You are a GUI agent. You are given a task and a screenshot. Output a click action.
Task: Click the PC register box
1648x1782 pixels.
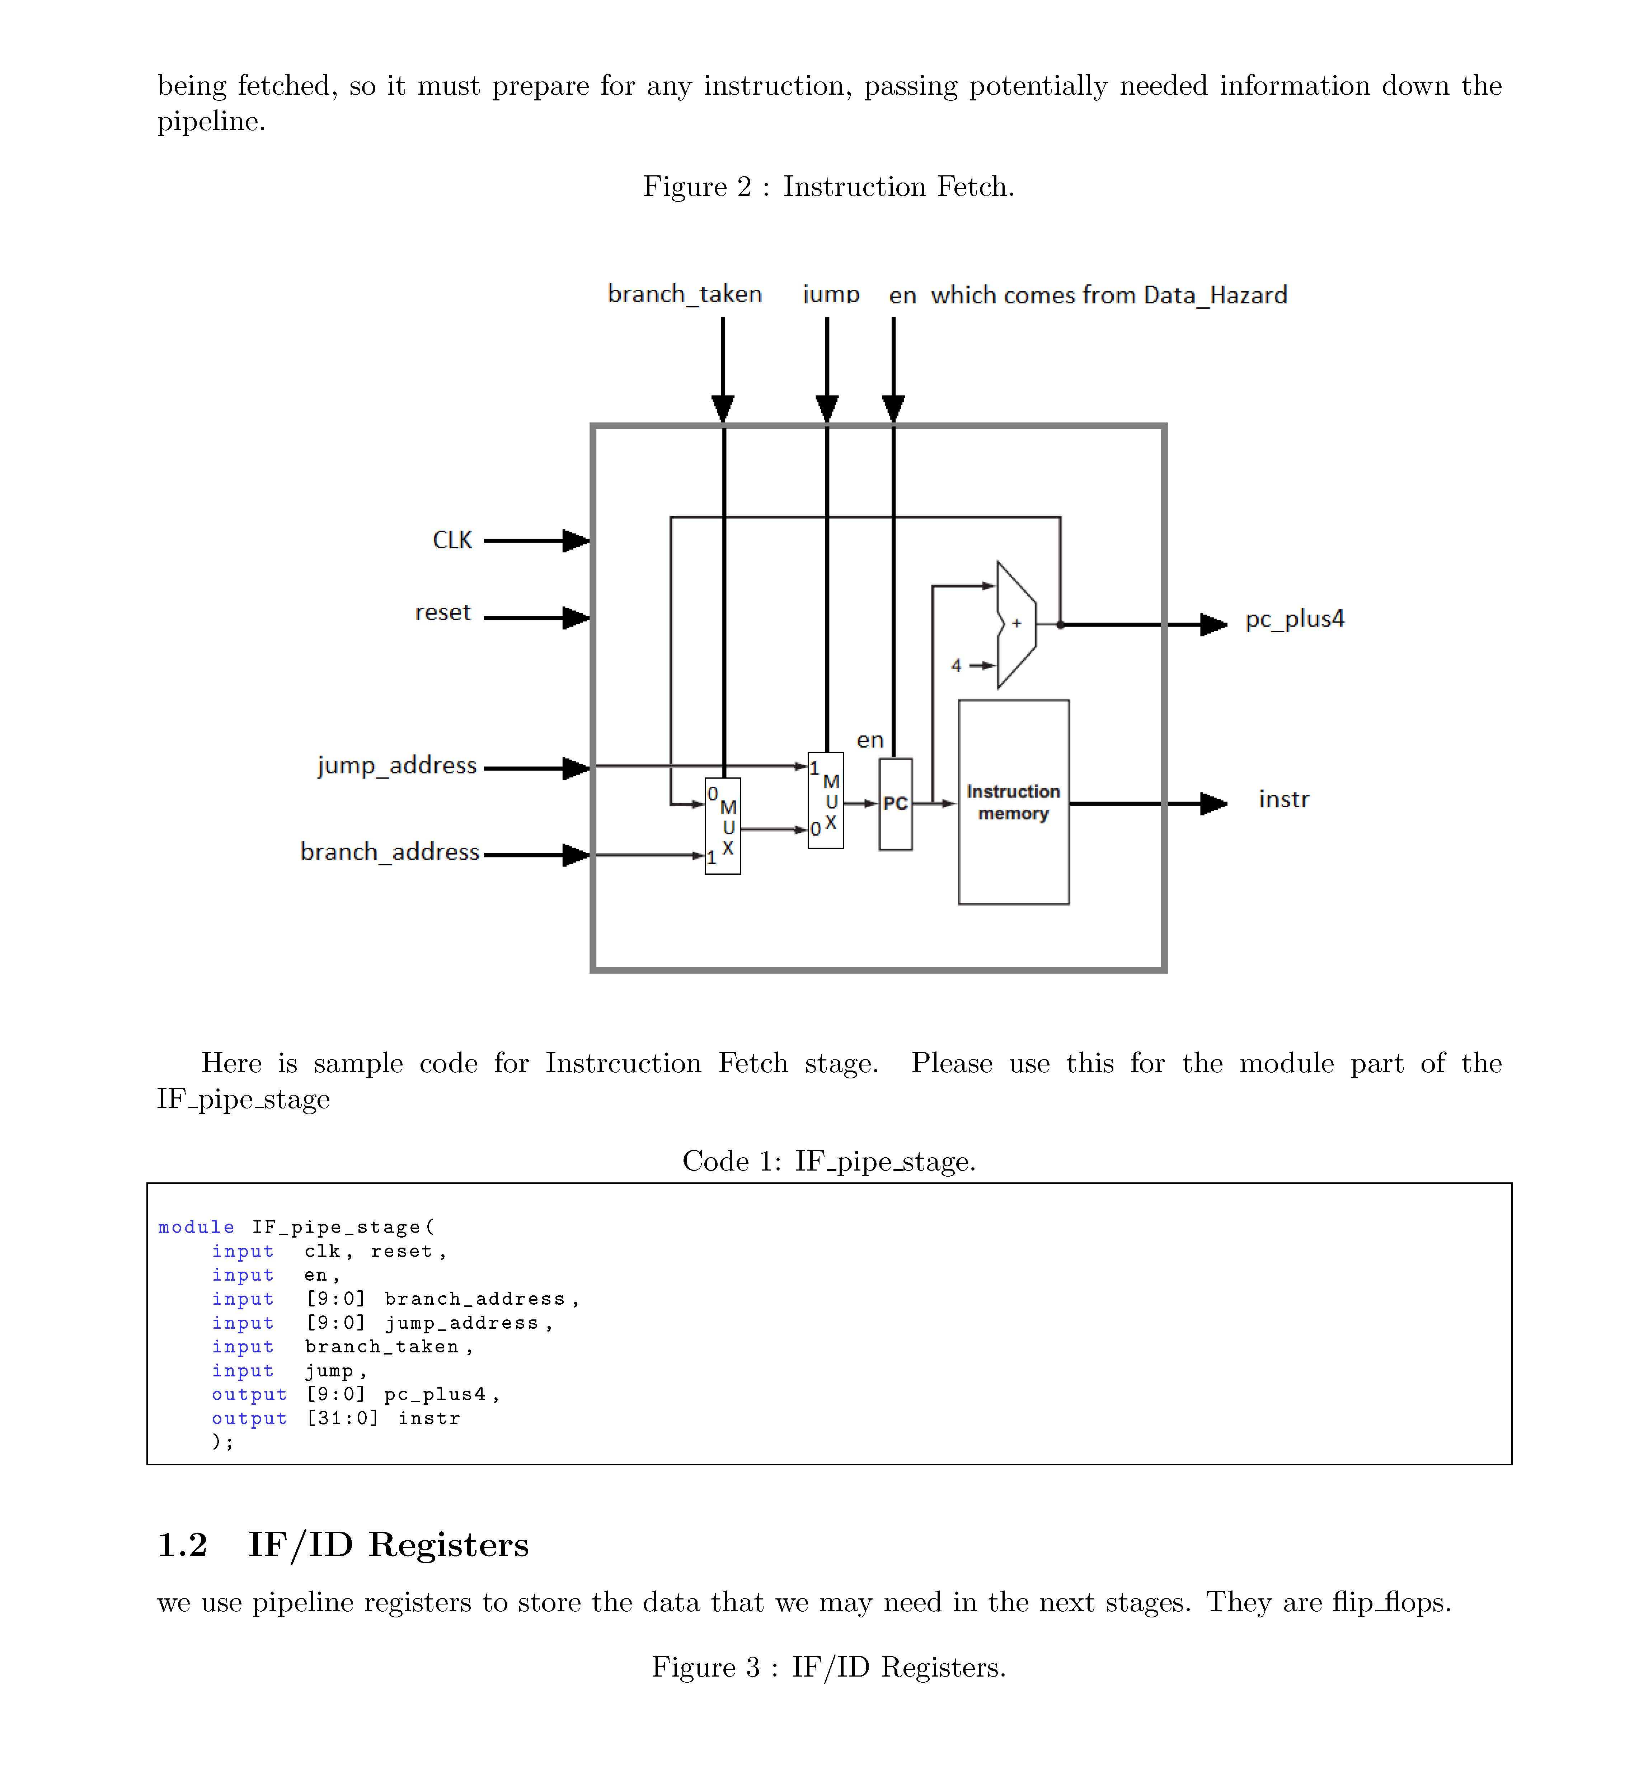[895, 804]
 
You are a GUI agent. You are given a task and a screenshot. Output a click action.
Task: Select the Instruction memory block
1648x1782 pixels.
[1013, 802]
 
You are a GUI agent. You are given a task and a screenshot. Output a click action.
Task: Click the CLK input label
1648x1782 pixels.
[452, 540]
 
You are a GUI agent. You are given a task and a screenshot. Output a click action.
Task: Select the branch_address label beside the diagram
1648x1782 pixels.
[390, 852]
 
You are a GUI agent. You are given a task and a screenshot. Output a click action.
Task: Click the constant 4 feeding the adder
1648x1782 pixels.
[956, 666]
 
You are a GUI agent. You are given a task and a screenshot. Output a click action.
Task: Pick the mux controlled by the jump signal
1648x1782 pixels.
[826, 800]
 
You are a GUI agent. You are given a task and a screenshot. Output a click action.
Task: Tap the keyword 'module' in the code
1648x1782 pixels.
[196, 1228]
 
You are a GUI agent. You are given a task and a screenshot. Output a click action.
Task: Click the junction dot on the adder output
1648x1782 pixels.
[1060, 625]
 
